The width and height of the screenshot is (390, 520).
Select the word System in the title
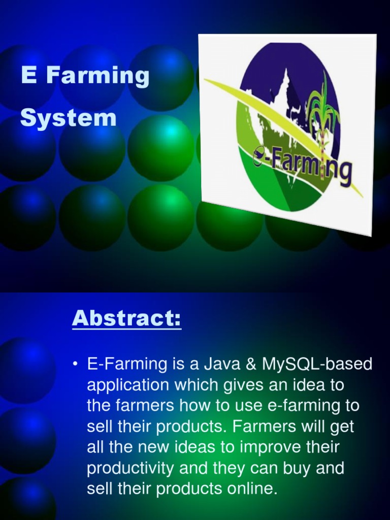68,119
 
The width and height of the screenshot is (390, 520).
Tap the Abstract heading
126,318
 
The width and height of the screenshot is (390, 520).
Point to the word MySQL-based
317,364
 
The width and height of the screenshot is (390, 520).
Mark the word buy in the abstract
290,468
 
